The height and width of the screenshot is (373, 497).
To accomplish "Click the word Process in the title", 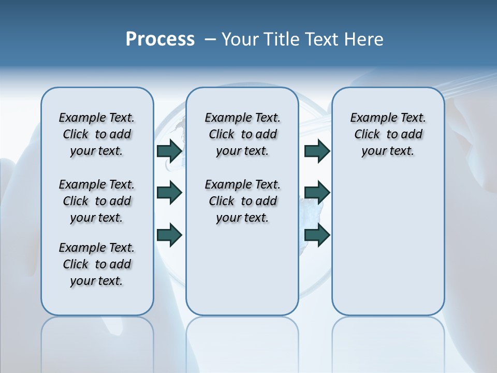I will point(160,39).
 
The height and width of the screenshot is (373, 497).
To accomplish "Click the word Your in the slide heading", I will point(240,39).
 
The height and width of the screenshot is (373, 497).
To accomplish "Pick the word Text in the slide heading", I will point(324,39).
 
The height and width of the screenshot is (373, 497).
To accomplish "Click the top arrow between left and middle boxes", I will point(169,151).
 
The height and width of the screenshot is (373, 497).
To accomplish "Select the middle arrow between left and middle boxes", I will point(169,193).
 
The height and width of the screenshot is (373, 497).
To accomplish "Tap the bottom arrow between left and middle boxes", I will point(169,235).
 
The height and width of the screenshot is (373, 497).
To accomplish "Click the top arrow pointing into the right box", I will point(317,151).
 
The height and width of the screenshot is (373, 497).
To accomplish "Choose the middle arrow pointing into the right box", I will point(317,193).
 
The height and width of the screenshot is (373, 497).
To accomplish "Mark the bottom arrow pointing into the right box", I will point(317,235).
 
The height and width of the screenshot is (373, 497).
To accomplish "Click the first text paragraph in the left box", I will point(97,134).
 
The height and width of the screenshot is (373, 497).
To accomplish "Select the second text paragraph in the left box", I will point(97,201).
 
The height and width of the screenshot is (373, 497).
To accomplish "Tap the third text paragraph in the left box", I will point(97,264).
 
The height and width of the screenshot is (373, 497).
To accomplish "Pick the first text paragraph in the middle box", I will point(242,134).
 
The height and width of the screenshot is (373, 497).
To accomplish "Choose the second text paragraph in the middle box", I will point(242,201).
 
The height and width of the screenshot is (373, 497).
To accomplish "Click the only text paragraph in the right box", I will point(388,134).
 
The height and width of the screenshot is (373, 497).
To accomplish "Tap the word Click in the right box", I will point(367,135).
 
